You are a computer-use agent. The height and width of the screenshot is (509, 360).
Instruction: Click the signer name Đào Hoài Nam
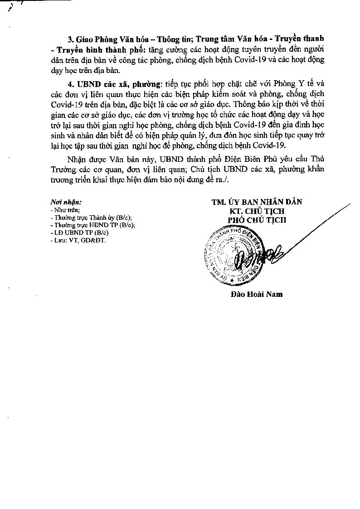[x=256, y=294]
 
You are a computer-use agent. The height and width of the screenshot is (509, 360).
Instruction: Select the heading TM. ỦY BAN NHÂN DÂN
[x=257, y=203]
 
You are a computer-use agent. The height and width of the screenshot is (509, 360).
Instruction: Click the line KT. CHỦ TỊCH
[x=257, y=211]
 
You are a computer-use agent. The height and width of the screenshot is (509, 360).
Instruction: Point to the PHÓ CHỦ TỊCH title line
[x=257, y=220]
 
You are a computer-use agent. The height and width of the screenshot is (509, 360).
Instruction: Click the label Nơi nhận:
[x=66, y=203]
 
